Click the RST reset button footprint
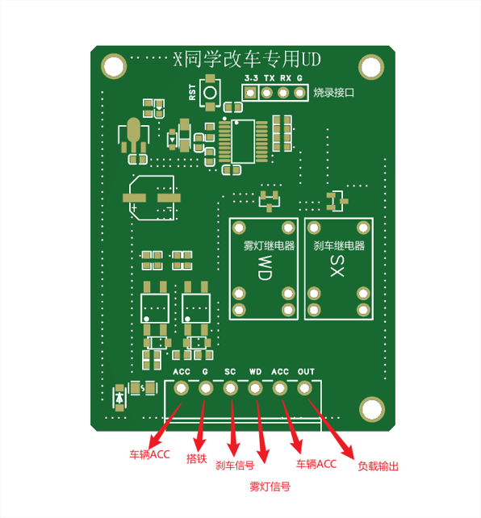[x=210, y=93]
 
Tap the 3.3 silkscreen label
[x=251, y=78]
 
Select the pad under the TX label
[x=266, y=93]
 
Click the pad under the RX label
[x=283, y=93]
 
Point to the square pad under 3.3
[x=250, y=93]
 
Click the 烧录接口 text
[x=333, y=93]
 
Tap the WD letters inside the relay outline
[x=265, y=268]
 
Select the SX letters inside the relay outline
[x=337, y=266]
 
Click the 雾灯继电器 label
[x=269, y=246]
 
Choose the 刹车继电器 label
[x=339, y=245]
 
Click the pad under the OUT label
[x=304, y=388]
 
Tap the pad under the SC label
[x=230, y=388]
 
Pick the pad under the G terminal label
[x=206, y=388]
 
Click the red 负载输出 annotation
[x=379, y=466]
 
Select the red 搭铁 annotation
[x=197, y=458]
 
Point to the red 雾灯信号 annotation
[x=270, y=487]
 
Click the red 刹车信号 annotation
[x=235, y=465]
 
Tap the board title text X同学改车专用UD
[x=248, y=60]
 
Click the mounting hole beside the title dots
[x=114, y=66]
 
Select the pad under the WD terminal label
[x=255, y=388]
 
